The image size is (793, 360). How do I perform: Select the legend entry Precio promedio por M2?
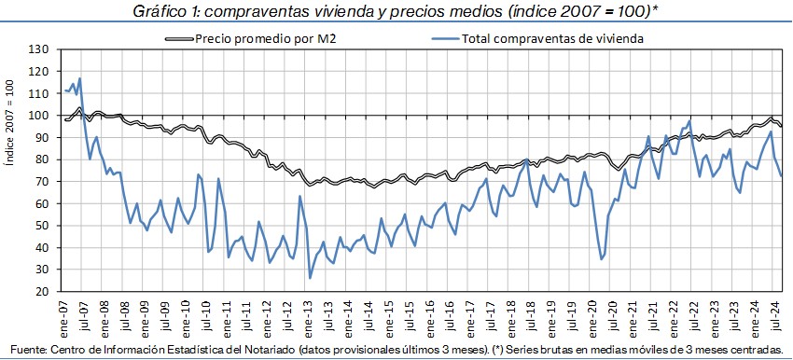(x=266, y=39)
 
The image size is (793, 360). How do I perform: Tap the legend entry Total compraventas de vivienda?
(x=551, y=39)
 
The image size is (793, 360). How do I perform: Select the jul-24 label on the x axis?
(x=773, y=314)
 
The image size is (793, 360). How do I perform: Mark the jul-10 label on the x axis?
(x=206, y=314)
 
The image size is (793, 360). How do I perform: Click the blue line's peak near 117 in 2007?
(x=80, y=78)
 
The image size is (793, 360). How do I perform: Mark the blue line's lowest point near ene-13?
(x=310, y=278)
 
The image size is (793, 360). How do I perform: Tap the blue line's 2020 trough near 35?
(x=602, y=259)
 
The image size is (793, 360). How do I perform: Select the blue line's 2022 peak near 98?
(x=689, y=121)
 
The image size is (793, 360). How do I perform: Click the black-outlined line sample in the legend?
(x=179, y=39)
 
